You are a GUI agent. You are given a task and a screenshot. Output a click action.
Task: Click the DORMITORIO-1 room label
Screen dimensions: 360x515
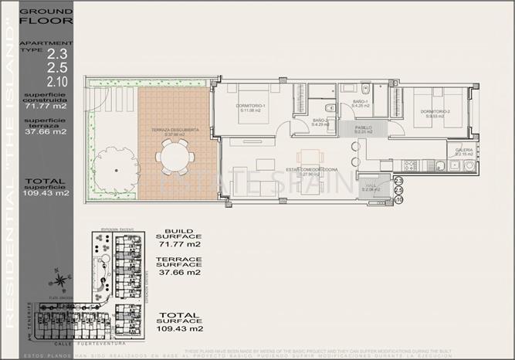pyautogui.click(x=251, y=106)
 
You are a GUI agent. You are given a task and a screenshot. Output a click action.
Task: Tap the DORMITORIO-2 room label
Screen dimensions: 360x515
pyautogui.click(x=435, y=111)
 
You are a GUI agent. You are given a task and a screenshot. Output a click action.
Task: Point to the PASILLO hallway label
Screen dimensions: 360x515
pyautogui.click(x=364, y=127)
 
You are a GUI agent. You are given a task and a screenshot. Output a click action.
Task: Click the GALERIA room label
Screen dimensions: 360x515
pyautogui.click(x=464, y=150)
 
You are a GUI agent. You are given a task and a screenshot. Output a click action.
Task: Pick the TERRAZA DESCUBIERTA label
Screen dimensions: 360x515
pyautogui.click(x=174, y=131)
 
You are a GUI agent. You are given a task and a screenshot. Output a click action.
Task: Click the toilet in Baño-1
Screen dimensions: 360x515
pyautogui.click(x=366, y=89)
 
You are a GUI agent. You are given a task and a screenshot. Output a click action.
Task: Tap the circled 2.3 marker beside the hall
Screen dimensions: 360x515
pyautogui.click(x=398, y=181)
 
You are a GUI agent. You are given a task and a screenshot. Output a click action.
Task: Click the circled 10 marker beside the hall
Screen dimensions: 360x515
pyautogui.click(x=398, y=199)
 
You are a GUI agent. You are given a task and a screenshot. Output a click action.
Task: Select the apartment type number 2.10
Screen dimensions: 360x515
pyautogui.click(x=56, y=81)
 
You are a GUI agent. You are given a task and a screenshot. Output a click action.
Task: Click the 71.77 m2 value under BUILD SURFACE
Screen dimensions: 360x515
pyautogui.click(x=179, y=244)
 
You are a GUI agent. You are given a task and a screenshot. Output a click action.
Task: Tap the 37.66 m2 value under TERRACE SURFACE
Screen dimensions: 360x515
pyautogui.click(x=179, y=272)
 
